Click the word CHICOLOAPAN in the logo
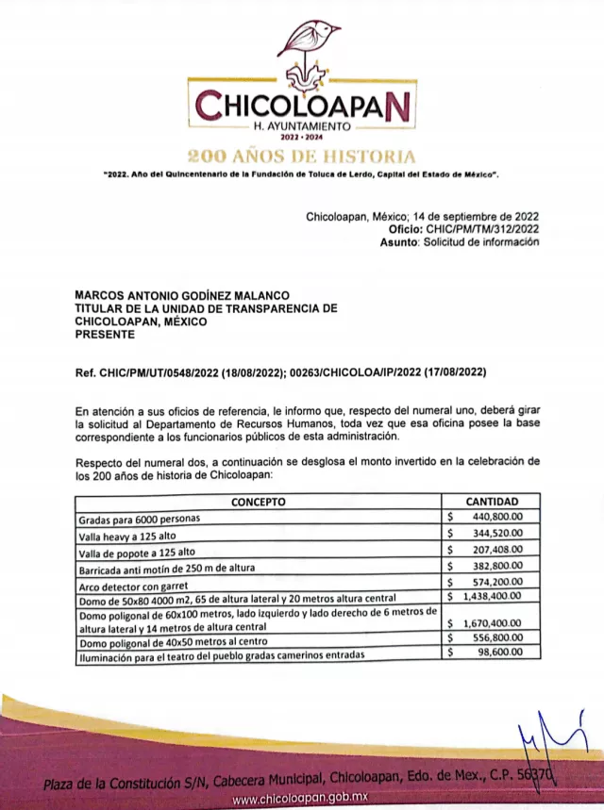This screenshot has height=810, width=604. click(303, 106)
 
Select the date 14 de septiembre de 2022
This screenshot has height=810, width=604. click(469, 217)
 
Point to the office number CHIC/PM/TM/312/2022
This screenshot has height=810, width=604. click(483, 229)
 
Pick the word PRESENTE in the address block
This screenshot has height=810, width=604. click(105, 334)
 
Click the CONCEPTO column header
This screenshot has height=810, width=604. click(258, 502)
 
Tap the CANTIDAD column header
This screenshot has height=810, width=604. click(492, 502)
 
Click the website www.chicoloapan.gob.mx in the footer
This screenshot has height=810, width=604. click(301, 799)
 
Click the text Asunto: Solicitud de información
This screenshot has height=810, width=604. click(460, 242)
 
